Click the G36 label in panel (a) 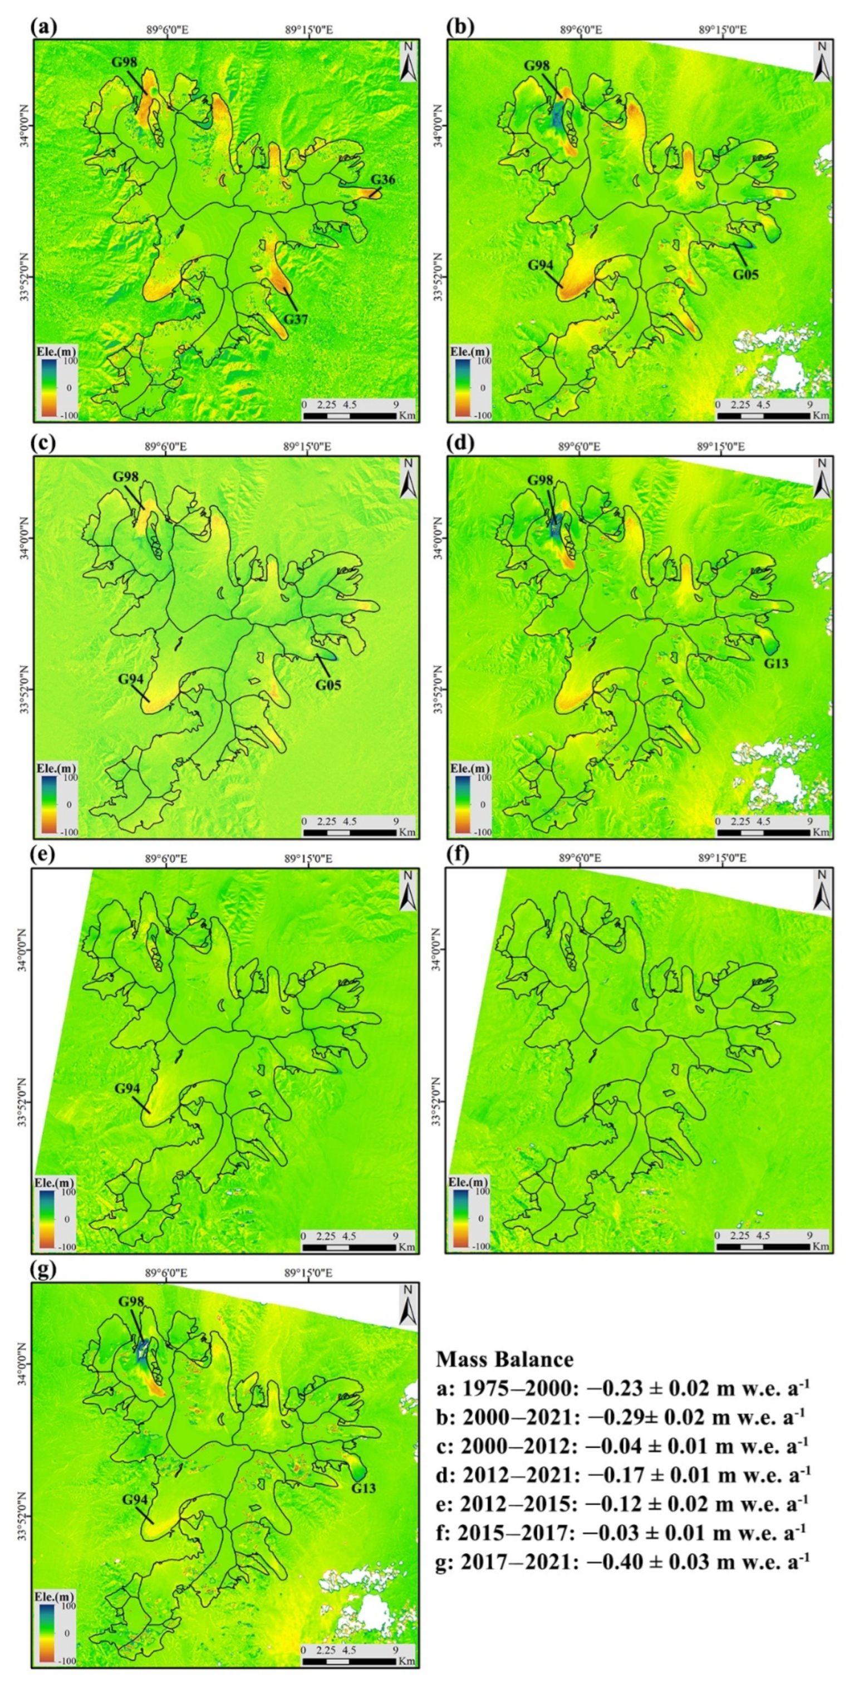pos(384,180)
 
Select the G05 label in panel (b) pos(745,274)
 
